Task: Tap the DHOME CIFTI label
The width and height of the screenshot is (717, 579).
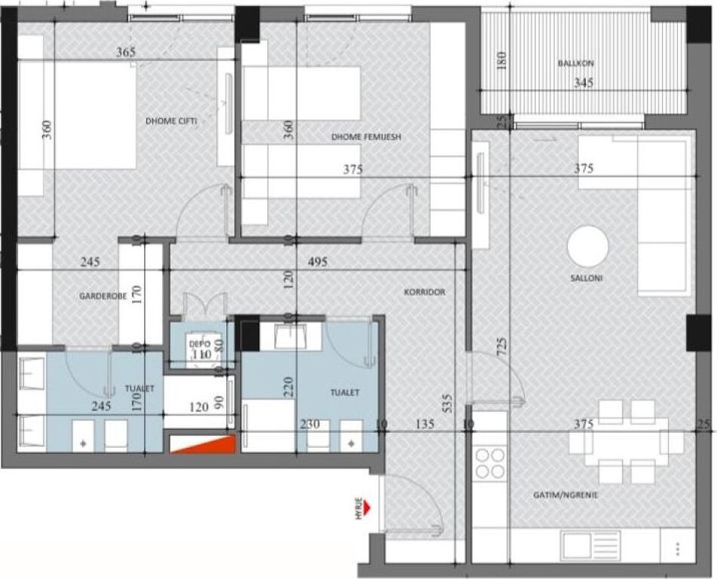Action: tap(171, 121)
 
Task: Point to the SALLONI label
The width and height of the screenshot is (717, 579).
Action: tap(587, 278)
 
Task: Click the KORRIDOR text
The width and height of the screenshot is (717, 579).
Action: tap(424, 292)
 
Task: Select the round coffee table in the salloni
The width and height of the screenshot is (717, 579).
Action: tap(587, 247)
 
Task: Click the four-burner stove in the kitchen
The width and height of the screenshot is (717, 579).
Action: tap(490, 463)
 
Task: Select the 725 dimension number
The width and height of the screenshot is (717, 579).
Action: tap(501, 346)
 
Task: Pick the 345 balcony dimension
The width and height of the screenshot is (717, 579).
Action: tap(583, 82)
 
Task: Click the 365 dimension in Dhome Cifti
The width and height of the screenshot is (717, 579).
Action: tap(126, 53)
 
